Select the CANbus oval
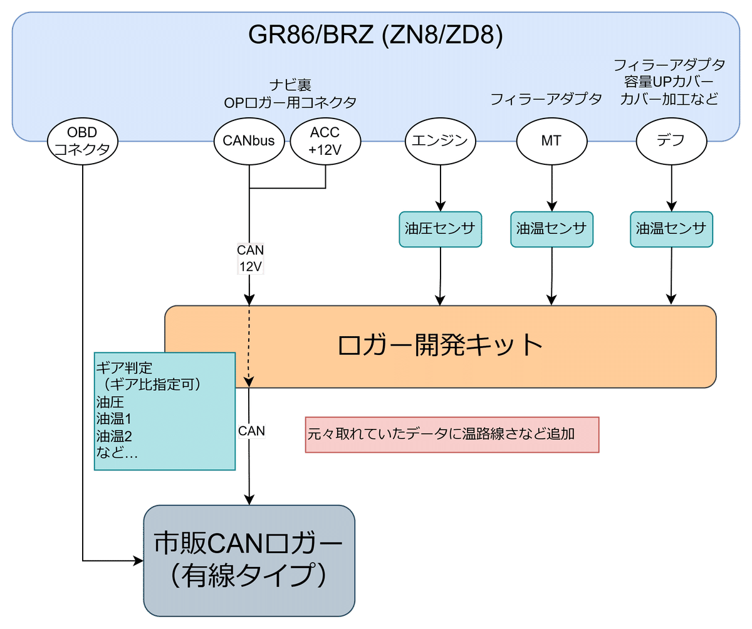(249, 140)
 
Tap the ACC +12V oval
(325, 140)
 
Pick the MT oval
(551, 140)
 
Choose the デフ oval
(671, 140)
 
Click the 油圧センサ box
(440, 229)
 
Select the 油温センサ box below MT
(551, 229)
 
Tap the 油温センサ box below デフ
(671, 229)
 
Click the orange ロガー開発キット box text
(439, 346)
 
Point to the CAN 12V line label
(250, 258)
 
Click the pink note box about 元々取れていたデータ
(451, 434)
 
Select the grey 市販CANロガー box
(249, 560)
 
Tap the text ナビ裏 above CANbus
(290, 84)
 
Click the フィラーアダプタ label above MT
(545, 99)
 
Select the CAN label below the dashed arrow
(251, 431)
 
